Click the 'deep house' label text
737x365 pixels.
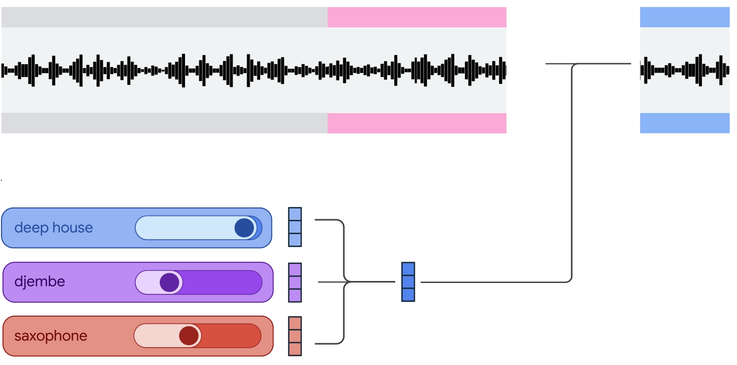53,228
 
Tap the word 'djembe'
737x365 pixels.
40,282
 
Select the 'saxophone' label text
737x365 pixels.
50,336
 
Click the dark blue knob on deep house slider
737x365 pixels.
244,228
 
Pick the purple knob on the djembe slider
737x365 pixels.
169,283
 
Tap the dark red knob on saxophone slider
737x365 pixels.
188,336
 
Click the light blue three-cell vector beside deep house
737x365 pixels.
295,227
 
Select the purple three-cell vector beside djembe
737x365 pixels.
295,283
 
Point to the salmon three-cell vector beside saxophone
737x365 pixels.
295,336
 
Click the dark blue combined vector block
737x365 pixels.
408,282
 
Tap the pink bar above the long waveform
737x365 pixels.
416,17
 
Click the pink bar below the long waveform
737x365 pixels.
416,123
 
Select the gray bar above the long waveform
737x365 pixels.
164,17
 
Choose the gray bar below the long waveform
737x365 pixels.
164,123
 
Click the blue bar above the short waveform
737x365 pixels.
685,17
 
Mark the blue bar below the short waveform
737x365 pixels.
685,123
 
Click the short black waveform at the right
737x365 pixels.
685,70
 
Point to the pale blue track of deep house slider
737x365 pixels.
183,228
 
